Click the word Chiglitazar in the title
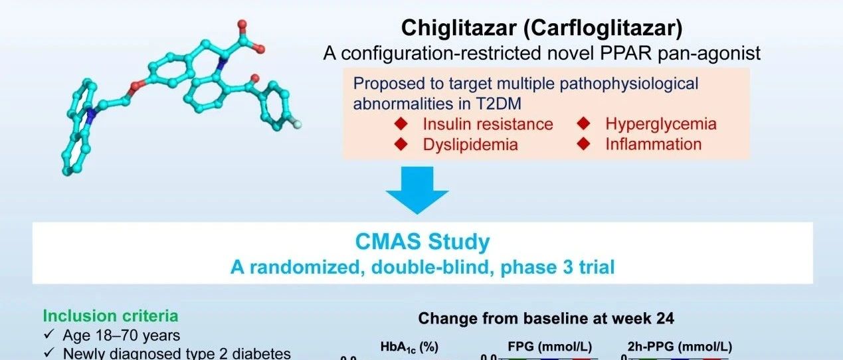(x=458, y=28)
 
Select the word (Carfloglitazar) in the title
(x=603, y=28)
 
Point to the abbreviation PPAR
(x=626, y=52)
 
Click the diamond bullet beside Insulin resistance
(x=401, y=124)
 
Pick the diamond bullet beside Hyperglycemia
(x=584, y=124)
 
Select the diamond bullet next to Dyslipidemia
(x=401, y=144)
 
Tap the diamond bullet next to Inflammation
(x=584, y=143)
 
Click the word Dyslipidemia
(x=470, y=145)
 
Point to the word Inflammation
(x=653, y=144)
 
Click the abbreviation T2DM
(x=499, y=104)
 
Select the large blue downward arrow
(x=417, y=191)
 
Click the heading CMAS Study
(x=422, y=242)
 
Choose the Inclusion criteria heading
(x=110, y=316)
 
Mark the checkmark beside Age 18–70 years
(x=49, y=334)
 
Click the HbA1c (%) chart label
(x=409, y=347)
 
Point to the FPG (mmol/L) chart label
(x=550, y=347)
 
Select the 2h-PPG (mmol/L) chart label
(x=680, y=347)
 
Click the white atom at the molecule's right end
(x=298, y=124)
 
